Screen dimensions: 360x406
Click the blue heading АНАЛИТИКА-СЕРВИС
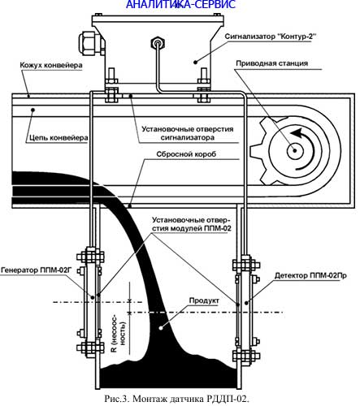181,4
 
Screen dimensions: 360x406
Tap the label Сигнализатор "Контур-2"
271,37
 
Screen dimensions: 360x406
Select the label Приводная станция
272,63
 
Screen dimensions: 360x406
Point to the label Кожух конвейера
51,65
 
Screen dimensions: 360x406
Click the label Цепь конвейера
59,138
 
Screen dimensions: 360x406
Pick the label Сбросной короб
186,154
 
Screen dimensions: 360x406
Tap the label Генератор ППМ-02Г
37,270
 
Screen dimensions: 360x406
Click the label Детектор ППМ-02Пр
310,275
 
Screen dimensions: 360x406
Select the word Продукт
204,300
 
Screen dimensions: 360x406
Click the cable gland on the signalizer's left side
89,42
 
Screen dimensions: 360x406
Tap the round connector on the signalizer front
158,42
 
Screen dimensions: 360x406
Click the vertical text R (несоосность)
119,333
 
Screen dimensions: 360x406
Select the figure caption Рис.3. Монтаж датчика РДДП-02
176,399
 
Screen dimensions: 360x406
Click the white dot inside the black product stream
161,328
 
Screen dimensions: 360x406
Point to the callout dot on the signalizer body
195,62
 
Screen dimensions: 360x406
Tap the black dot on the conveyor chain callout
33,110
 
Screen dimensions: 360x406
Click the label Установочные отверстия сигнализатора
188,133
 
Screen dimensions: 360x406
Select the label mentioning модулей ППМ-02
192,224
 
